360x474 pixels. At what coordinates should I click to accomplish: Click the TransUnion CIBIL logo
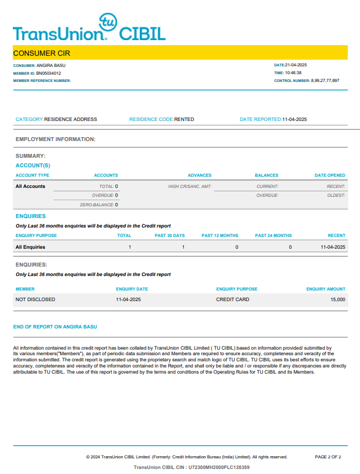click(89, 29)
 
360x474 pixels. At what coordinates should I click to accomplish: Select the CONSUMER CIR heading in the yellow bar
click(42, 54)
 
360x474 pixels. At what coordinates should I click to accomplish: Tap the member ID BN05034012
click(49, 73)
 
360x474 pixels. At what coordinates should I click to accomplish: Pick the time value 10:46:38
click(294, 72)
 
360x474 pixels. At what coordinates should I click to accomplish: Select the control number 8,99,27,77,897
click(325, 80)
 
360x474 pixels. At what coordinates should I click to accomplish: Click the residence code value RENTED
click(184, 119)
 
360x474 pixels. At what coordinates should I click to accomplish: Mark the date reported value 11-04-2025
click(294, 119)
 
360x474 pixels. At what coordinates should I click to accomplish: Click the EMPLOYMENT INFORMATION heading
click(56, 139)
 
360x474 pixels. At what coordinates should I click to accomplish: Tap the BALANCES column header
click(266, 175)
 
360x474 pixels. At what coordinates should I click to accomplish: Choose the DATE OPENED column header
click(330, 175)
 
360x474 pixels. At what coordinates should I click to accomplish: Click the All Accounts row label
click(31, 186)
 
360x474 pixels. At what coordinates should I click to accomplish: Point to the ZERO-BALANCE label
click(97, 205)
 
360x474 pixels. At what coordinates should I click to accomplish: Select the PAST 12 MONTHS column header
click(220, 235)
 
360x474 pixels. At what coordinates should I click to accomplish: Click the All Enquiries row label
click(31, 246)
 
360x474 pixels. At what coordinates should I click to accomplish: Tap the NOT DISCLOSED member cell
click(36, 299)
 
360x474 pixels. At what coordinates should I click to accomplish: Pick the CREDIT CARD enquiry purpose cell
click(232, 299)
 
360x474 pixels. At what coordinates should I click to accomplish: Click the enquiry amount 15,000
click(338, 299)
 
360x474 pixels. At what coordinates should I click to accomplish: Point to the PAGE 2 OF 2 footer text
click(328, 457)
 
